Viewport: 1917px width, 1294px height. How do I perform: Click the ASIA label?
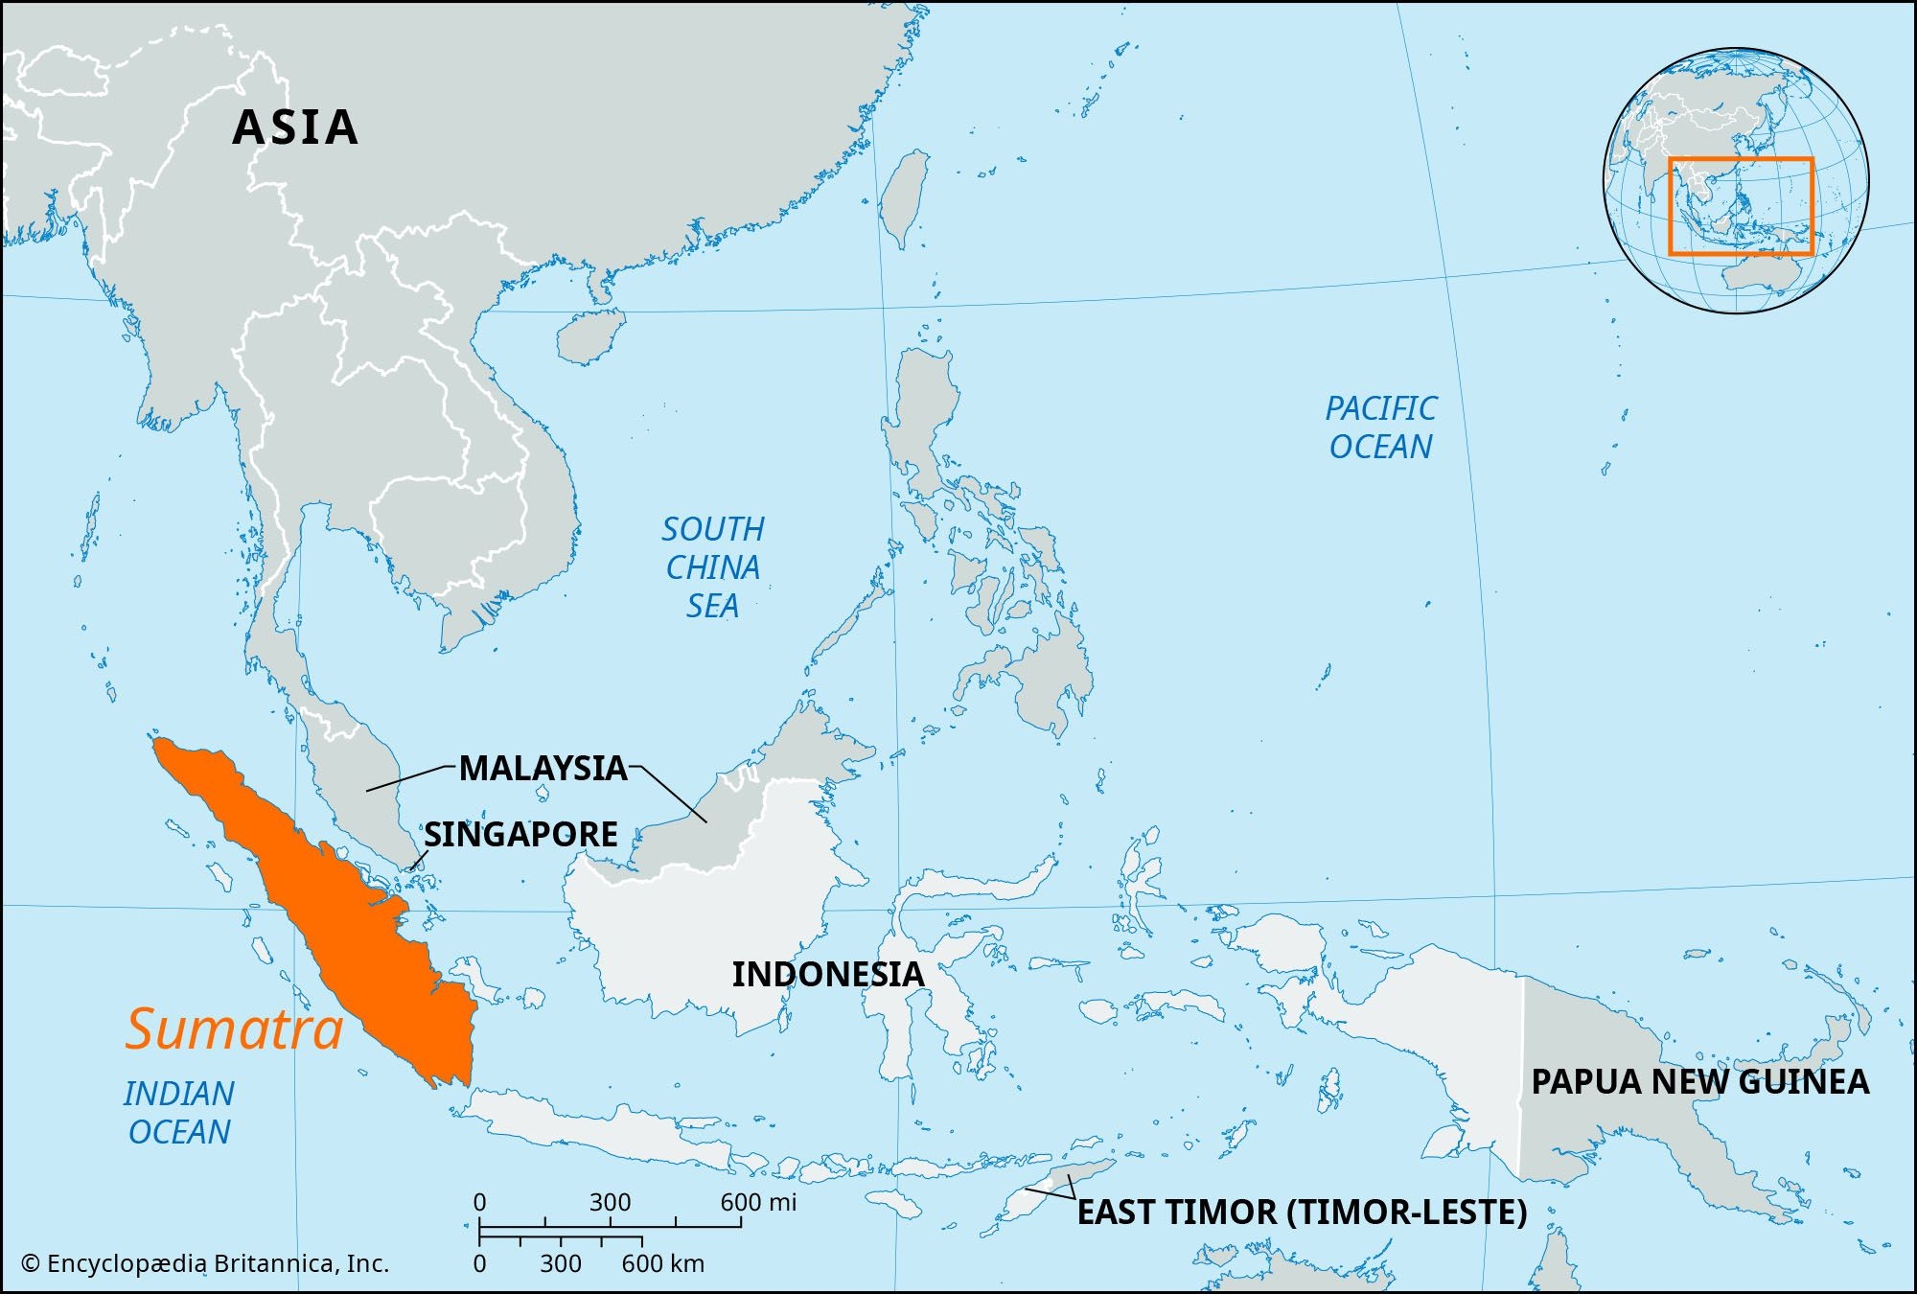[295, 127]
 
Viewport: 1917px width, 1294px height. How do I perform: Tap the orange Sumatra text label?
[234, 1029]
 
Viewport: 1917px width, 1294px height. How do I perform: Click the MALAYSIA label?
[543, 768]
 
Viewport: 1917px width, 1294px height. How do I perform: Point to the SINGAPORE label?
[520, 835]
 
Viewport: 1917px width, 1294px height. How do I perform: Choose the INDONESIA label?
[827, 974]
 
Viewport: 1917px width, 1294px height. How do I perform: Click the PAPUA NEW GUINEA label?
[1699, 1081]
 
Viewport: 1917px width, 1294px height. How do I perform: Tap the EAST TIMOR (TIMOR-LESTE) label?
[1302, 1212]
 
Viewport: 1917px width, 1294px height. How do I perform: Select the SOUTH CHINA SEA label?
[713, 567]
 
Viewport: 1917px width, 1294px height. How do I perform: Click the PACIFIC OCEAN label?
[1380, 427]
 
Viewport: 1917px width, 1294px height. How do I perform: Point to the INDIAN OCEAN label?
[179, 1113]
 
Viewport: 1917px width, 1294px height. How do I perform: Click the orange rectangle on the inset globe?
[1741, 159]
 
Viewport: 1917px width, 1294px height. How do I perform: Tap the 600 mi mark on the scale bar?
[741, 1225]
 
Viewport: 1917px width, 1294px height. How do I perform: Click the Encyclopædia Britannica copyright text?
[205, 1263]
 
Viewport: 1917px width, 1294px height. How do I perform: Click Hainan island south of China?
[589, 337]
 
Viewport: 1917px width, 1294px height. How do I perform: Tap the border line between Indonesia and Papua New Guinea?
[1521, 1074]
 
